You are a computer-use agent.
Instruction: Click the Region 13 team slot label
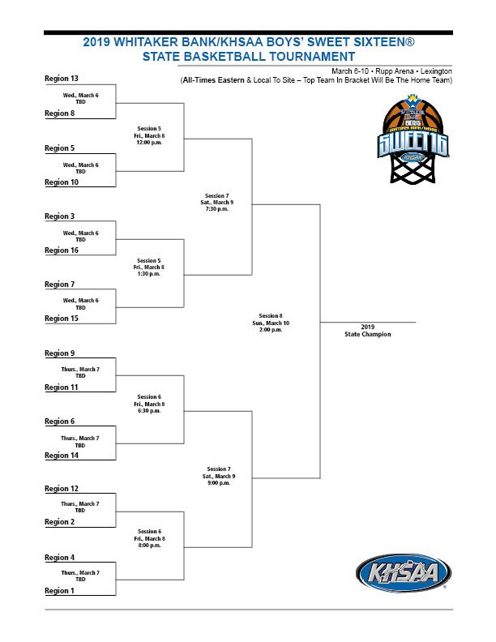coord(62,79)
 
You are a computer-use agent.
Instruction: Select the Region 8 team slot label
coord(60,113)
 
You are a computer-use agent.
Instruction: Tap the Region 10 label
coord(62,182)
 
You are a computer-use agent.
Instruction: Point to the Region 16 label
coord(62,250)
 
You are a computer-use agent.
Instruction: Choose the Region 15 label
coord(62,319)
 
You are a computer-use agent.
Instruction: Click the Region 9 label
coord(60,353)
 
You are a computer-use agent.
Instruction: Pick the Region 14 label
coord(62,456)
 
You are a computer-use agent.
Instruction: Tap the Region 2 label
coord(60,522)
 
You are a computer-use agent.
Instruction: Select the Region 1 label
coord(60,591)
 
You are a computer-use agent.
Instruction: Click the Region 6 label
coord(60,422)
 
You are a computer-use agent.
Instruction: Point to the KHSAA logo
coord(402,574)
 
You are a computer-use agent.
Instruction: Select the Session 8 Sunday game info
coord(271,323)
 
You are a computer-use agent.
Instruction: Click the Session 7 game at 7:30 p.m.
coord(217,203)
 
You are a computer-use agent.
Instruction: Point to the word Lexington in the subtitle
coord(434,71)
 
